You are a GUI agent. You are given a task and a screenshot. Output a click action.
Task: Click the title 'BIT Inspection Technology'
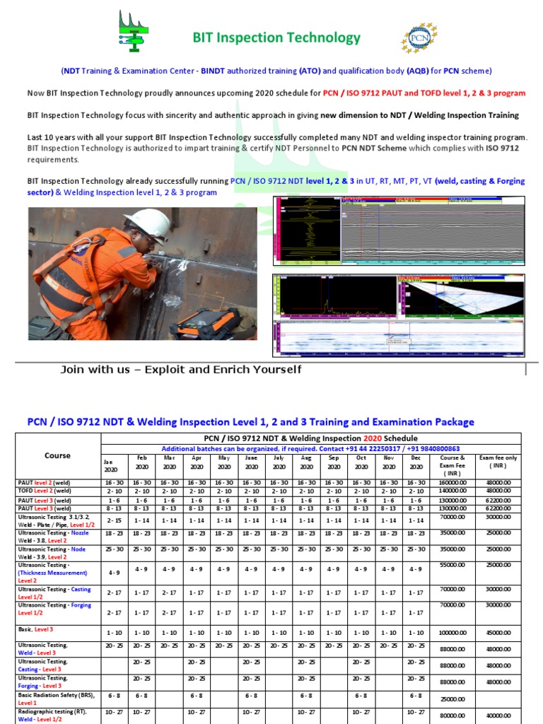[276, 38]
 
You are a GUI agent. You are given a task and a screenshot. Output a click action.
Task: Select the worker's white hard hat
[148, 223]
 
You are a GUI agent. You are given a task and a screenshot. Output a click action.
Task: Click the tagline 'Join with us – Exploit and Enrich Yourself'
[181, 370]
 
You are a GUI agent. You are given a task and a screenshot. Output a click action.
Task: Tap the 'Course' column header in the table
[57, 456]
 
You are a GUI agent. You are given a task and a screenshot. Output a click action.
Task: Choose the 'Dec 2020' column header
[416, 462]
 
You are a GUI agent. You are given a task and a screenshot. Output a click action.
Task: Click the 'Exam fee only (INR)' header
[498, 462]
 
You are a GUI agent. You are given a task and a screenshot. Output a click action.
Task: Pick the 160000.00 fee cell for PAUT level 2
[452, 482]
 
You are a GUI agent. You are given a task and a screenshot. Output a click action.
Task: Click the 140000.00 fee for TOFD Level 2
[452, 491]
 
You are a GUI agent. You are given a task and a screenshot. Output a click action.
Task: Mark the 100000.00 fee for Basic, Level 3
[452, 633]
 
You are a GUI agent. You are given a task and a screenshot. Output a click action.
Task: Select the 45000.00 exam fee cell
[498, 633]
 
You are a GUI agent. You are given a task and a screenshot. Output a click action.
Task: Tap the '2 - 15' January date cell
[115, 520]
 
